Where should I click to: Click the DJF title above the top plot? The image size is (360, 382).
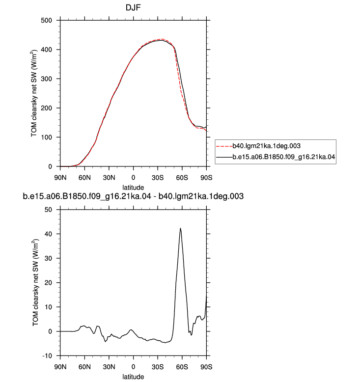click(133, 7)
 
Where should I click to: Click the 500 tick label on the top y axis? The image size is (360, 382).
click(46, 21)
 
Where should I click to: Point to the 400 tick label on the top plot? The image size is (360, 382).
click(46, 50)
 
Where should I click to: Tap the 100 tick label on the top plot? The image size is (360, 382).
click(46, 137)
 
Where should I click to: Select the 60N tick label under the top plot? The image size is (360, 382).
click(84, 178)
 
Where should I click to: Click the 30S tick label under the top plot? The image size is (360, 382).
click(158, 178)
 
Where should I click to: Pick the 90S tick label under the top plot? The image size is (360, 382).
click(206, 178)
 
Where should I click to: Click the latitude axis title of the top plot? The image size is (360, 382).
click(133, 188)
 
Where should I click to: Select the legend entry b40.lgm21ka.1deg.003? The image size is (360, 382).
click(266, 146)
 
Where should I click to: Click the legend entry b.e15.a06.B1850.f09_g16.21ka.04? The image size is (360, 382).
click(284, 157)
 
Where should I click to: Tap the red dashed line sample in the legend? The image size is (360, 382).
click(224, 146)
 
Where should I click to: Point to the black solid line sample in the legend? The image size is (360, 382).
click(224, 158)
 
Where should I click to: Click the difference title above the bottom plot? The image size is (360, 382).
click(133, 196)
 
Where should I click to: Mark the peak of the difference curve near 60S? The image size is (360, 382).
click(180, 228)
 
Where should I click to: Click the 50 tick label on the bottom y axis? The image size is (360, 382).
click(48, 210)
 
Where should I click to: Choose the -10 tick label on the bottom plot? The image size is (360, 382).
click(47, 356)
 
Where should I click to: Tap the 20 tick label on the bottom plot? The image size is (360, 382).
click(48, 283)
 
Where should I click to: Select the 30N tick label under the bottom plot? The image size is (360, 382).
click(109, 367)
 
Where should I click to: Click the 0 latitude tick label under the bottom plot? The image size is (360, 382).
click(133, 367)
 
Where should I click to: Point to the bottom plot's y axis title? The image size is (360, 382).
click(35, 283)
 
